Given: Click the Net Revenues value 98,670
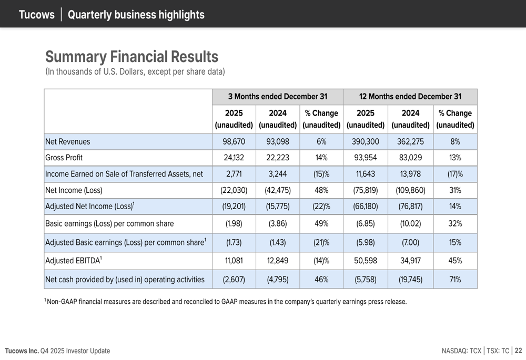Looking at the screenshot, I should click(x=234, y=141).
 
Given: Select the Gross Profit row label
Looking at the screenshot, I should click(x=64, y=157).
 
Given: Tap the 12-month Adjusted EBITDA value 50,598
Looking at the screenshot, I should click(x=365, y=261).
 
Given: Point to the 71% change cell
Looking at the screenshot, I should click(x=455, y=280).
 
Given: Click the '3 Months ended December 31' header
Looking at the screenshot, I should click(x=277, y=97).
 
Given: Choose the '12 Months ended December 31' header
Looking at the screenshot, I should click(x=410, y=97).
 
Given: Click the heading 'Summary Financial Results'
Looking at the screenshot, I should click(x=131, y=56).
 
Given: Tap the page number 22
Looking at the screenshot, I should click(x=519, y=351).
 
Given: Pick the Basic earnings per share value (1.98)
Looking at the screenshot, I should click(x=234, y=223).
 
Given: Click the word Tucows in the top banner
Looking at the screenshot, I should click(x=36, y=15).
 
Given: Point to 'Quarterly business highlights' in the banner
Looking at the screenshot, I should click(x=136, y=15).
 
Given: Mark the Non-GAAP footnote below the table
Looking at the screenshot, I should click(x=226, y=302).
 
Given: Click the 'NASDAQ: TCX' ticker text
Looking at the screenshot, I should click(x=461, y=351).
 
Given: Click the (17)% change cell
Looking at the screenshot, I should click(x=455, y=174).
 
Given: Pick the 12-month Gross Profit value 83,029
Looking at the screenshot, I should click(x=410, y=157).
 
